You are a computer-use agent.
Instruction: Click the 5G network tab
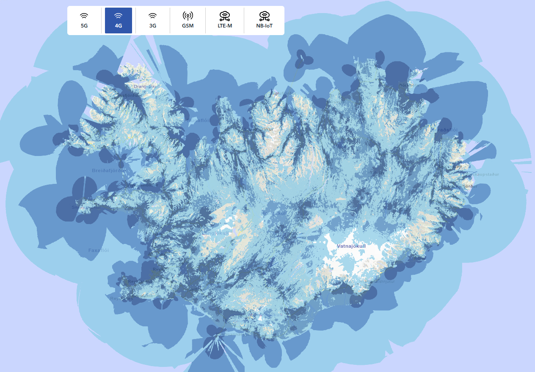(84, 20)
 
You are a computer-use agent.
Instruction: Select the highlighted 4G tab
(119, 20)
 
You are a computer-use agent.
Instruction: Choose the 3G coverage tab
(153, 20)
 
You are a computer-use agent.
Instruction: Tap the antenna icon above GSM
(188, 16)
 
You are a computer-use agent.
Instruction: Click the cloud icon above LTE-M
(225, 16)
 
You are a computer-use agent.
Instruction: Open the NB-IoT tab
(264, 20)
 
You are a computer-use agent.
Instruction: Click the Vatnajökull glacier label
(351, 246)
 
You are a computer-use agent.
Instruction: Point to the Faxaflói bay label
(99, 250)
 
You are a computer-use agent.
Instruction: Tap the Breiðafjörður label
(109, 171)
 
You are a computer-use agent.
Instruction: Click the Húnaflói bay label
(198, 120)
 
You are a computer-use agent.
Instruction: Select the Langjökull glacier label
(215, 233)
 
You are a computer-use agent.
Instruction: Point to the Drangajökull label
(145, 87)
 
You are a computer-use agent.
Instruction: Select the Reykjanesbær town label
(122, 298)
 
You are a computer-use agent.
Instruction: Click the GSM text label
(188, 26)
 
